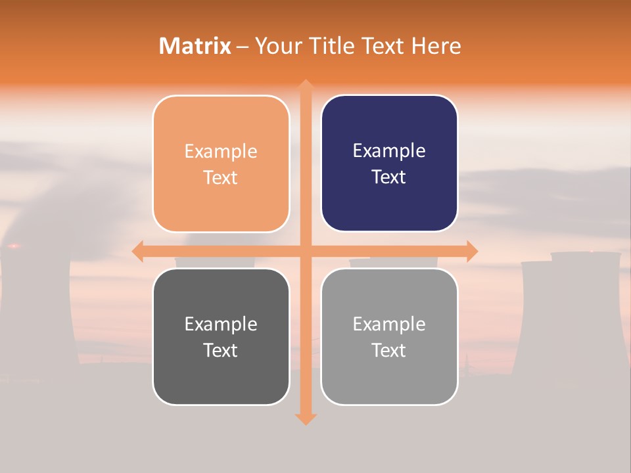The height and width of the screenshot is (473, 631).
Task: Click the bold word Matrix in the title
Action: click(195, 46)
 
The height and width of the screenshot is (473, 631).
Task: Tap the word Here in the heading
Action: click(436, 46)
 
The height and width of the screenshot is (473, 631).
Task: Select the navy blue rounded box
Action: click(389, 164)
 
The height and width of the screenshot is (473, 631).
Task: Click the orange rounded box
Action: click(221, 164)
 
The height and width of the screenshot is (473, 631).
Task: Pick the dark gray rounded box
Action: click(221, 336)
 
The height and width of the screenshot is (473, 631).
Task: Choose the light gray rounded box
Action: click(389, 336)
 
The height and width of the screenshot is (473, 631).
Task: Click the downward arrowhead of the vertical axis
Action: click(305, 418)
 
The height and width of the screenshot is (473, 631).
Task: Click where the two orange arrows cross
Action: click(305, 251)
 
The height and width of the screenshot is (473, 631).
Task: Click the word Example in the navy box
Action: click(389, 151)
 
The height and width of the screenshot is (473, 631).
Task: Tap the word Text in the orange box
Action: click(221, 177)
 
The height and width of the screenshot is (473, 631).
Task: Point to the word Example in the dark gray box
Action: click(221, 324)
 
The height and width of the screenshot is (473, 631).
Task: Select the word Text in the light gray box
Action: click(389, 350)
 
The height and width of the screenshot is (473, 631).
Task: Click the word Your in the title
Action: click(275, 46)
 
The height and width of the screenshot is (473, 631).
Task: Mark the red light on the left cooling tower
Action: click(13, 246)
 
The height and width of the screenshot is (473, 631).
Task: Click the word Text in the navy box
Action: click(389, 177)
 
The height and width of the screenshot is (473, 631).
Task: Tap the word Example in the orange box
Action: click(221, 152)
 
